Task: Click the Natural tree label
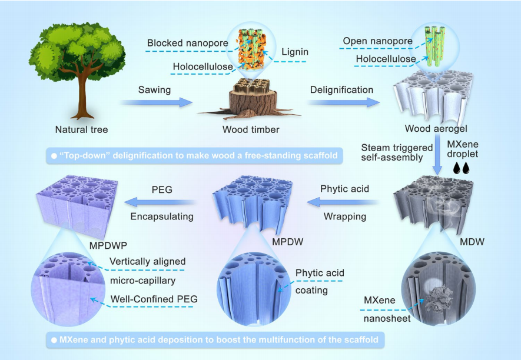[x=81, y=129]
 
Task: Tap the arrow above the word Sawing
[x=157, y=102]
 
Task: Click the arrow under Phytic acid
[x=343, y=203]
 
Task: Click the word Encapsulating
[x=162, y=216]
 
